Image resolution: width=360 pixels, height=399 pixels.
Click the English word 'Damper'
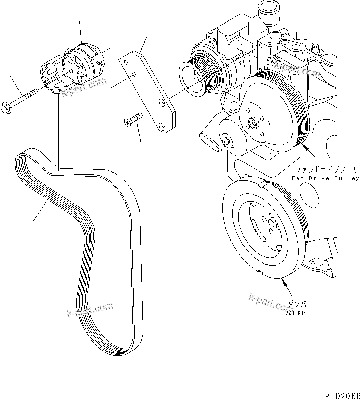point(296,313)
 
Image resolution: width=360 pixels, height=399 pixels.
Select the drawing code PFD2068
point(341,394)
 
